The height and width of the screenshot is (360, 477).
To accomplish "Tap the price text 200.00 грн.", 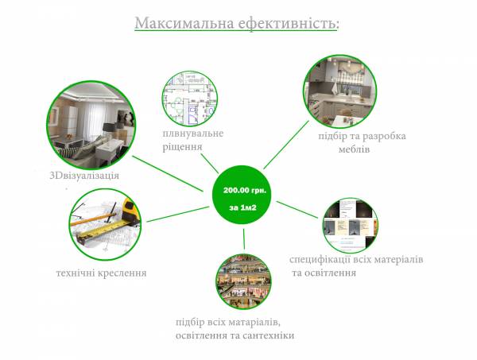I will [x=246, y=192].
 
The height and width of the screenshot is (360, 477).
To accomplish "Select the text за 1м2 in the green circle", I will [x=246, y=208].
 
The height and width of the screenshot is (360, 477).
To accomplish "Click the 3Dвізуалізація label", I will [x=83, y=176].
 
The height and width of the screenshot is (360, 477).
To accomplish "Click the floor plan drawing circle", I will [x=189, y=97].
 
